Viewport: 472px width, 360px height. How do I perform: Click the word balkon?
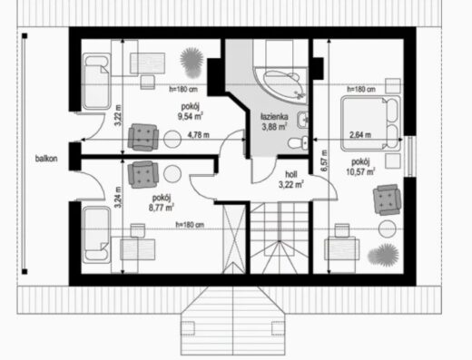(46, 159)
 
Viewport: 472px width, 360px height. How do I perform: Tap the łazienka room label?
(274, 117)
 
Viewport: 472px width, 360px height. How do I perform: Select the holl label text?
(291, 174)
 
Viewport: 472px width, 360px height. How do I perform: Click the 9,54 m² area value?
(190, 116)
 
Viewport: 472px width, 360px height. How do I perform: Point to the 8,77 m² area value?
(162, 208)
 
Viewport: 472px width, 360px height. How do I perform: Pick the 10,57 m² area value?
(360, 171)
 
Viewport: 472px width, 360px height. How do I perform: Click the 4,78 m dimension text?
(199, 135)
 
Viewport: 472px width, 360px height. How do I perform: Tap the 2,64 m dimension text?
(360, 135)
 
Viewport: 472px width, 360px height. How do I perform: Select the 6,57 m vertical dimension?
(324, 161)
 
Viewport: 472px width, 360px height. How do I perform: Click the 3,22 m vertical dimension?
(118, 115)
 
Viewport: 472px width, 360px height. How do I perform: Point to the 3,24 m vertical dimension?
(118, 197)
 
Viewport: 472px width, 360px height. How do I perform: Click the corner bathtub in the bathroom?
(281, 85)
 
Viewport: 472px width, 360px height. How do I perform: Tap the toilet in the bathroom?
(298, 142)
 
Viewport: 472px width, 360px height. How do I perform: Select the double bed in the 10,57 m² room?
(371, 123)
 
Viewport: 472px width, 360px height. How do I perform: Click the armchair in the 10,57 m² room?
(387, 199)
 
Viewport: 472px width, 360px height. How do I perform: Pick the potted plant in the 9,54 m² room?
(192, 62)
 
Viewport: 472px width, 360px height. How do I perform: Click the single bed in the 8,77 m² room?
(97, 234)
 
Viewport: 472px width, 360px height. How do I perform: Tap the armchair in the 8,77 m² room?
(143, 174)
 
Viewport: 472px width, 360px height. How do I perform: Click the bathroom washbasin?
(302, 120)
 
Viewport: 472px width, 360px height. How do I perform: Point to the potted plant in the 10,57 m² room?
(384, 255)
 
